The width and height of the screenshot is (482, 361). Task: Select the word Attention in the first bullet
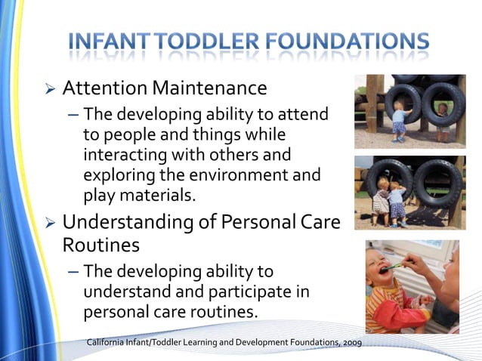pos(105,88)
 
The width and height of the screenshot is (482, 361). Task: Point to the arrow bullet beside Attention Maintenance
pos(50,89)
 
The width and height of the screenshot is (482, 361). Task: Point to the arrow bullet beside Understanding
pos(50,224)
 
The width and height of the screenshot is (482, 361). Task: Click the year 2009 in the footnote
pos(351,343)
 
